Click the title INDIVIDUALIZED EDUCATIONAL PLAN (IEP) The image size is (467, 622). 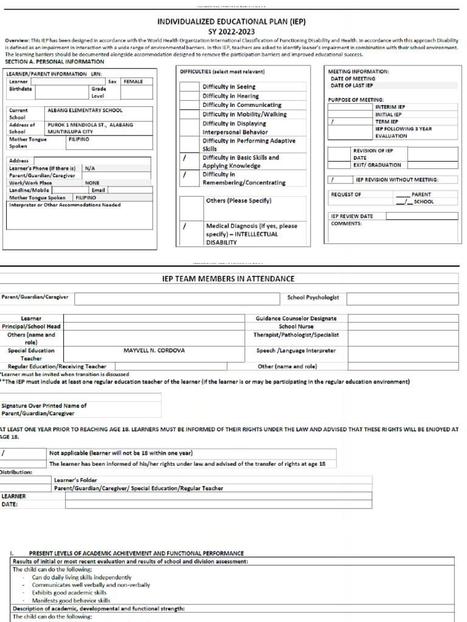[231, 21]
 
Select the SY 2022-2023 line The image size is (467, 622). [231, 32]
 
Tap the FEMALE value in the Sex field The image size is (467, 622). [133, 81]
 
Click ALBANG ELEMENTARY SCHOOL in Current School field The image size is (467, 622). [85, 111]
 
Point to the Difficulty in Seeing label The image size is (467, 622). [229, 87]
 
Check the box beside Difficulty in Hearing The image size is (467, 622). [190, 96]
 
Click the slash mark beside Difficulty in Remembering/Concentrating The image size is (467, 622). [184, 175]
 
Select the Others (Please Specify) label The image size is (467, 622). [238, 200]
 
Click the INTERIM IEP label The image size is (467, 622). [389, 107]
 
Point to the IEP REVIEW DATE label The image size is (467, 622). [352, 216]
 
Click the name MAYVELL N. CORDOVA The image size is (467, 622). [154, 350]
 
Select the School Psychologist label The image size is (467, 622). [313, 298]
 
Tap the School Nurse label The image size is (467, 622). [296, 326]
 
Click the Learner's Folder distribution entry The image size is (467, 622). [75, 480]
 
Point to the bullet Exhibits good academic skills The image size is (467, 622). [69, 592]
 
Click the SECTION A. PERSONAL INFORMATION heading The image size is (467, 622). [54, 62]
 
